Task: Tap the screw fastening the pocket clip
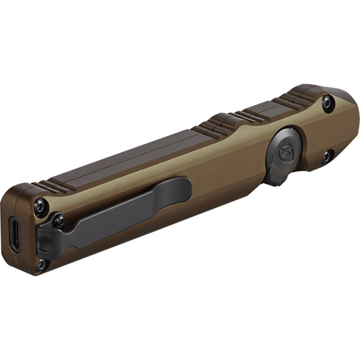(58, 220)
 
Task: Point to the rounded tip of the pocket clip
(184, 188)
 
